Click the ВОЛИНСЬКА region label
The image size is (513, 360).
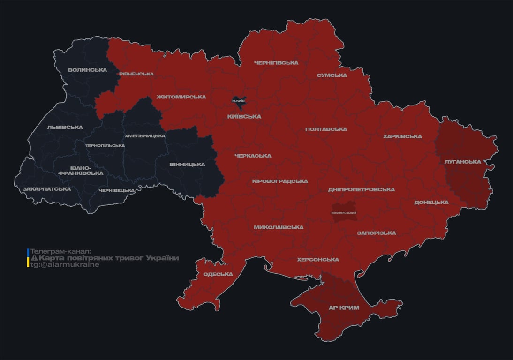[x=87, y=70]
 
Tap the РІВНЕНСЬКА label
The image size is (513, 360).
[x=136, y=74]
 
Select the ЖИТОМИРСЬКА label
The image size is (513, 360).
[x=181, y=97]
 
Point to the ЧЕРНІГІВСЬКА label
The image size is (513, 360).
[x=276, y=62]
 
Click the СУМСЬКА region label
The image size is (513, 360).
[x=332, y=75]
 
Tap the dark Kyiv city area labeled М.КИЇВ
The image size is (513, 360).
[x=239, y=100]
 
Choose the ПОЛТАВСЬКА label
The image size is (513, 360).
[x=326, y=129]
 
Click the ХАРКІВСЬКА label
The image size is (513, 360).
[x=402, y=136]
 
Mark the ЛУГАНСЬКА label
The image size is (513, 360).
[x=463, y=161]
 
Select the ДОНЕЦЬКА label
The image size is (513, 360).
[x=431, y=202]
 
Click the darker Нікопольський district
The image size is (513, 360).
[x=344, y=212]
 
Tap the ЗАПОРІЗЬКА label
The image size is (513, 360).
[x=376, y=232]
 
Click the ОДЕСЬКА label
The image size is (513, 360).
[x=218, y=274]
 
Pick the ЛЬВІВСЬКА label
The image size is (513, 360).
[x=65, y=127]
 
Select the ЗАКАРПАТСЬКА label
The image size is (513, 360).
[x=46, y=189]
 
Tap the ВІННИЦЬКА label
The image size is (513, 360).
[x=187, y=164]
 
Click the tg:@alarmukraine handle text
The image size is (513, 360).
[x=65, y=265]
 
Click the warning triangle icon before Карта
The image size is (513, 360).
[x=34, y=258]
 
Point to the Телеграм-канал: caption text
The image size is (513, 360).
[x=60, y=251]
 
